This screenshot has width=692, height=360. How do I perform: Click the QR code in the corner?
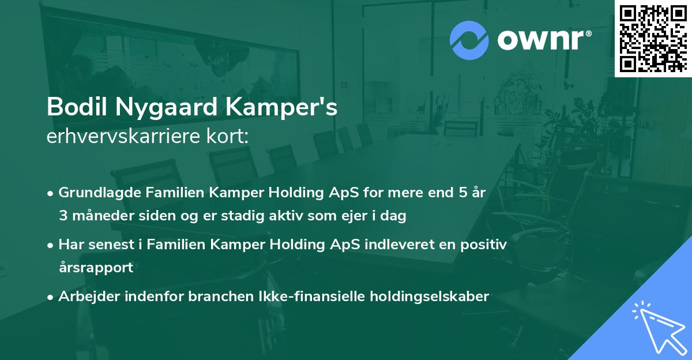coord(653,38)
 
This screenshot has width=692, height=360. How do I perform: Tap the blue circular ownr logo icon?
coord(469,40)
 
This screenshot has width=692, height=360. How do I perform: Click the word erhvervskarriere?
coord(123,136)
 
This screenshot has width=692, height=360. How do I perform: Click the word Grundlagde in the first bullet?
coord(100,193)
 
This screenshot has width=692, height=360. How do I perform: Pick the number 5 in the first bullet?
coord(462,193)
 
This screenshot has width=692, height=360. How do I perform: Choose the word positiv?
coord(483,245)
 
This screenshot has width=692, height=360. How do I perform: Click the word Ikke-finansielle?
coord(312,297)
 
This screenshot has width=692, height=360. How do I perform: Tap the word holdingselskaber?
coord(430,297)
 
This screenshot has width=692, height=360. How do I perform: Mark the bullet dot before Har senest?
coord(50,246)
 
